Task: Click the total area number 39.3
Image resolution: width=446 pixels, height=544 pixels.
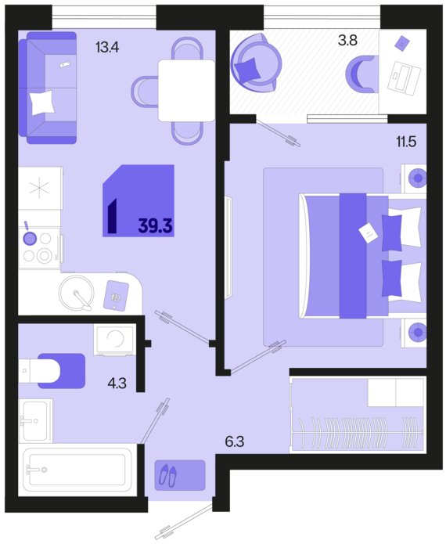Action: (156, 226)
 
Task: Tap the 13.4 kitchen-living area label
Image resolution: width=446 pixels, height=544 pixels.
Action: (107, 47)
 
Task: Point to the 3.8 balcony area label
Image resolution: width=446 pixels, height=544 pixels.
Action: (348, 40)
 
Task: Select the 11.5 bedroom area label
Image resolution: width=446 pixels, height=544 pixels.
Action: (406, 142)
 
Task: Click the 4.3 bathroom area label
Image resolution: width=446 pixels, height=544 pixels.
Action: (117, 384)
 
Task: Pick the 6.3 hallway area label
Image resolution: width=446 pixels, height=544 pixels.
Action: (235, 441)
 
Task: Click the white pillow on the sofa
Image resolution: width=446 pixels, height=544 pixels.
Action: (42, 103)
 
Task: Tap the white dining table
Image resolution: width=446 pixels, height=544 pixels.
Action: (186, 91)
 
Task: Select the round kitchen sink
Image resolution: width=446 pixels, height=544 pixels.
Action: (77, 292)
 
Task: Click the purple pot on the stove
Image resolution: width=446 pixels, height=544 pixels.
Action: (30, 238)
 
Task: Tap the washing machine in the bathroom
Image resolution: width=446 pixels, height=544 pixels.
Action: (115, 340)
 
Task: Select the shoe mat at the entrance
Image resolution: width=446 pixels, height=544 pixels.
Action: (180, 475)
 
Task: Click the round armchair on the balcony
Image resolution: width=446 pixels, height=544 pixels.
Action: (257, 63)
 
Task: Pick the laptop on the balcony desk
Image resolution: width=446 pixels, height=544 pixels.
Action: (404, 78)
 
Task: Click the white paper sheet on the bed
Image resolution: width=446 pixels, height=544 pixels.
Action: (369, 232)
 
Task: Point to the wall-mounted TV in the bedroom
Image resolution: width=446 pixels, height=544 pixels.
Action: (228, 247)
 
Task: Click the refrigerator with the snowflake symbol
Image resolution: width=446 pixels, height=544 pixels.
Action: (40, 188)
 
